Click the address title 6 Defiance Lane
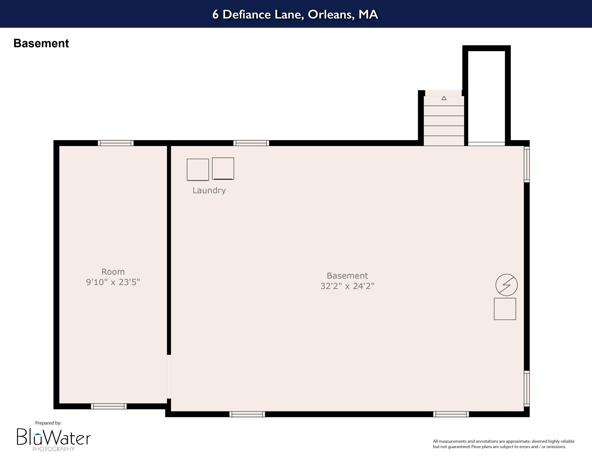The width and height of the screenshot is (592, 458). (x=295, y=14)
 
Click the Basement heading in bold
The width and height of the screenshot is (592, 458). (x=41, y=43)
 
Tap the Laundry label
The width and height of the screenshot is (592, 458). (x=209, y=190)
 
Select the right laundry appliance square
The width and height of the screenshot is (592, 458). (x=223, y=169)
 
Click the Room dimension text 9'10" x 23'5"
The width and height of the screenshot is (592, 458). (x=113, y=282)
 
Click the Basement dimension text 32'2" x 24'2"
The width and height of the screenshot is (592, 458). (x=347, y=286)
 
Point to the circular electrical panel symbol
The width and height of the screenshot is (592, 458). (x=506, y=285)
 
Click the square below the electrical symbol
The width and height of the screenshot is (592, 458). (x=505, y=309)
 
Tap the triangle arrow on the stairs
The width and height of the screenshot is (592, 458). (x=444, y=98)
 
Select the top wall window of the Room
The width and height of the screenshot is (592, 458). (x=116, y=143)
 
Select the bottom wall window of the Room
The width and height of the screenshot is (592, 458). (x=109, y=406)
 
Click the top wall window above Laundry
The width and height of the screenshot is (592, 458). (x=251, y=143)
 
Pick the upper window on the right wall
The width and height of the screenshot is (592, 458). (x=526, y=164)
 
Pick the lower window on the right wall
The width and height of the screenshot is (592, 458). (x=526, y=388)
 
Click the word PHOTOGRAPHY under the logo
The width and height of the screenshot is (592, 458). (x=53, y=449)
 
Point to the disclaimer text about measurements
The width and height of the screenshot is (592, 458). (x=504, y=444)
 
